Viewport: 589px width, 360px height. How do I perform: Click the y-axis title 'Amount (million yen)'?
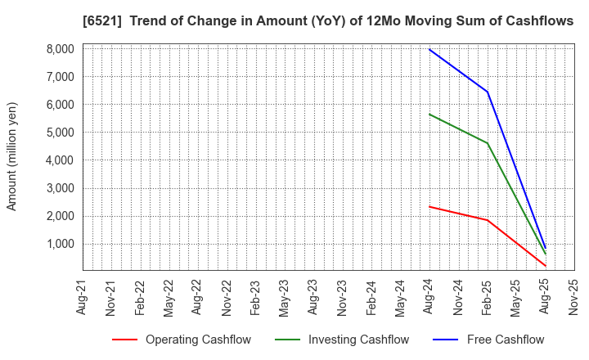click(x=12, y=156)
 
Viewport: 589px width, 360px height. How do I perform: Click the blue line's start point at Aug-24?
click(x=429, y=49)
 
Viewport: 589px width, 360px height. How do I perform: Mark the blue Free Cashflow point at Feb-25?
click(x=488, y=92)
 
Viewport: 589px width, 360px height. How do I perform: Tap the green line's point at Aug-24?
click(x=429, y=114)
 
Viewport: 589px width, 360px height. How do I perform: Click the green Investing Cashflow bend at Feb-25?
click(x=488, y=143)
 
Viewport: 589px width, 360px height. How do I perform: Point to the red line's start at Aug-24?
click(x=429, y=206)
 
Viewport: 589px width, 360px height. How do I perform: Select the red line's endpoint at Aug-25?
click(x=546, y=266)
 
